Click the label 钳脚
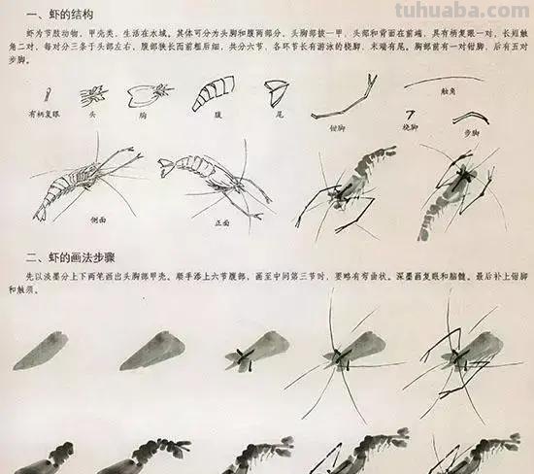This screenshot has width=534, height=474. pos(338,126)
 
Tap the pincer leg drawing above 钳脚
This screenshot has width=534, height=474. pos(341,97)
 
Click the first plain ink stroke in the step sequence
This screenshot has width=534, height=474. pos(41,351)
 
